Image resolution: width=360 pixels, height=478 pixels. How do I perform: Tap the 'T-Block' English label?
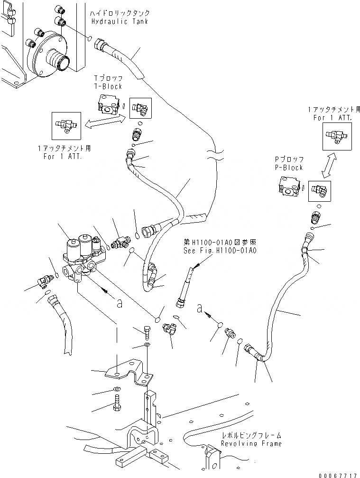pos(109,86)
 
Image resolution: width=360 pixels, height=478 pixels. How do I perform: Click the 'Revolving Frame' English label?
pos(251,443)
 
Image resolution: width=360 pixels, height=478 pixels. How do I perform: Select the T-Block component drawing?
pos(108,103)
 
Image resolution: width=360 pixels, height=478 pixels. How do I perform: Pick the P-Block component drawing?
pos(289,187)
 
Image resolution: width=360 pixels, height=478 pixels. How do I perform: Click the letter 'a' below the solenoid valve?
pos(120,303)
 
